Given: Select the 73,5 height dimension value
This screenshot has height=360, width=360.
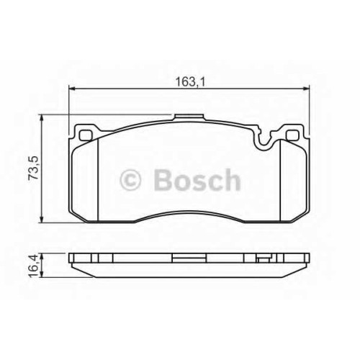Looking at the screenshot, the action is [33, 168].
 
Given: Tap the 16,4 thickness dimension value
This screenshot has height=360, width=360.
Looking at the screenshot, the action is [33, 266].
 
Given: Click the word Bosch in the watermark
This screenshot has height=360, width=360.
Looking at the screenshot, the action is [197, 180].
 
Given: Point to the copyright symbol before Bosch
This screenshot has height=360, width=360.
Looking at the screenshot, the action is [130, 180].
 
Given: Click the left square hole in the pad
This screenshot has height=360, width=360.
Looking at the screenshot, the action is [86, 135].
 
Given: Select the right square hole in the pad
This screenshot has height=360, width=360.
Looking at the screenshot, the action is [293, 135].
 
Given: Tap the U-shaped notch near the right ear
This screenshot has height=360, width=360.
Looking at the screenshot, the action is [266, 142].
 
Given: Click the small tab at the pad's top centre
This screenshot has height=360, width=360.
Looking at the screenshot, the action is [189, 117].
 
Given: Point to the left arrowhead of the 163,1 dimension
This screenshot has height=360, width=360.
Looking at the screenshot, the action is [72, 89].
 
